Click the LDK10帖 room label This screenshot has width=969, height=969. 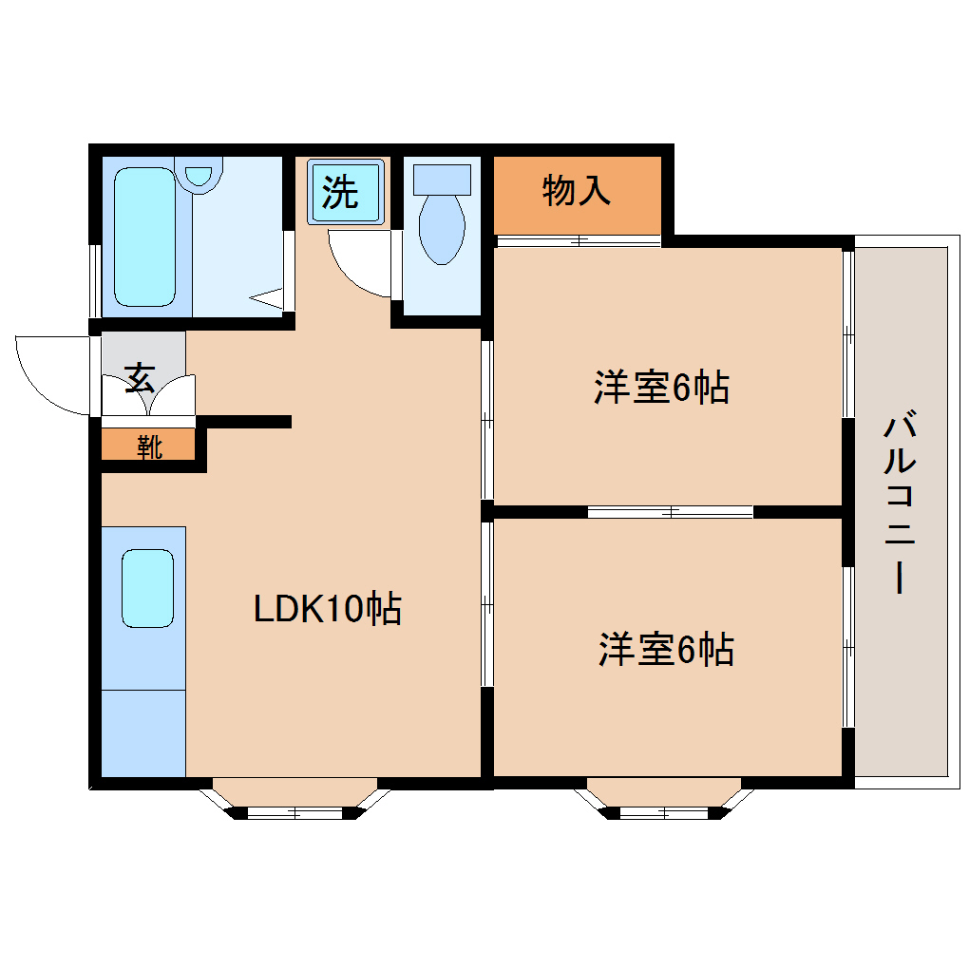328,609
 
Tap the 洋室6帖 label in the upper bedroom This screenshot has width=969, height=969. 661,387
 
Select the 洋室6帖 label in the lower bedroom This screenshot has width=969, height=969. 666,649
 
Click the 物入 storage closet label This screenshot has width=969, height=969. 577,190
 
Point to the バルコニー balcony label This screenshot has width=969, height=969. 900,502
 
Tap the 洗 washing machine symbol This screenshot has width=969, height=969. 346,191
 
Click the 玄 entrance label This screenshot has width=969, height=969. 140,378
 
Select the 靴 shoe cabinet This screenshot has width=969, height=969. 148,445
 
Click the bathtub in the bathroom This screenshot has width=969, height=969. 144,237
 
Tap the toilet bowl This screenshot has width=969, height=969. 442,229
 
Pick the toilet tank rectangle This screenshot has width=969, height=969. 442,180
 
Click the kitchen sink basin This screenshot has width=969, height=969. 147,588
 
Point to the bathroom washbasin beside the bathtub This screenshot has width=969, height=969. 199,176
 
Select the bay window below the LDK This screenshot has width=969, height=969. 294,801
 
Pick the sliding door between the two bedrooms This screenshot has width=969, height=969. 670,512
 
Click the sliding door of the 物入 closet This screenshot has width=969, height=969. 578,241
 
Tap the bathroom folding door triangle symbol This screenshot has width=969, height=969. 267,298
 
